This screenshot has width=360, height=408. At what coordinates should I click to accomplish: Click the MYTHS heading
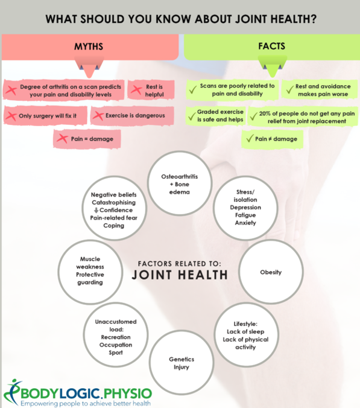coord(89,46)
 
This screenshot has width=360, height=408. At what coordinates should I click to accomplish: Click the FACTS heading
coord(271,46)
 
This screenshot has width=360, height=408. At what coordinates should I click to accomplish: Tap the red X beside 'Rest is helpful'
coord(136,90)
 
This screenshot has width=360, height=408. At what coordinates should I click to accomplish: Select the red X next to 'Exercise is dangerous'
coord(98,115)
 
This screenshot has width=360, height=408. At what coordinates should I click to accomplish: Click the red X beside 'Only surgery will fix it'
coord(11,116)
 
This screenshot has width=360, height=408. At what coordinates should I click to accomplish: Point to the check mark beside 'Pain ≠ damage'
coord(250,138)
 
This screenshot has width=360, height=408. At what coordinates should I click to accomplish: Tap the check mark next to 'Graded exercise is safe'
coord(192,116)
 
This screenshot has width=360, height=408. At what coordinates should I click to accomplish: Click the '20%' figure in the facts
coord(265,113)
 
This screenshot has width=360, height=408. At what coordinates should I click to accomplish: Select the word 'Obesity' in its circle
coord(271,272)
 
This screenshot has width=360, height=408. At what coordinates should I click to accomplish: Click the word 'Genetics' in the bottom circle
coord(182,359)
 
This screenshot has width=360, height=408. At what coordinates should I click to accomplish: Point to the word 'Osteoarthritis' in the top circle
coord(179,177)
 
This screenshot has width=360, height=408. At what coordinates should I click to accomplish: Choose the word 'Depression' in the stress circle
coord(245,208)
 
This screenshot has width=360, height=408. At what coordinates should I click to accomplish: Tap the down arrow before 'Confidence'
coord(96,210)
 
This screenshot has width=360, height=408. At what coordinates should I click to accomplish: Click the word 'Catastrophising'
coord(113,202)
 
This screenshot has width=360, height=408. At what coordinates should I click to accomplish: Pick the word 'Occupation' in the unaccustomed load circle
coord(116,345)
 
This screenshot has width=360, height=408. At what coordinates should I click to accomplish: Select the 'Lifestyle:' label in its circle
coord(245,324)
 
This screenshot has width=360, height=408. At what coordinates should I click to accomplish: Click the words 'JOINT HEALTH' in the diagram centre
coord(180,275)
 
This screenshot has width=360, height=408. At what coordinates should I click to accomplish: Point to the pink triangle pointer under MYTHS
coord(89,68)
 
